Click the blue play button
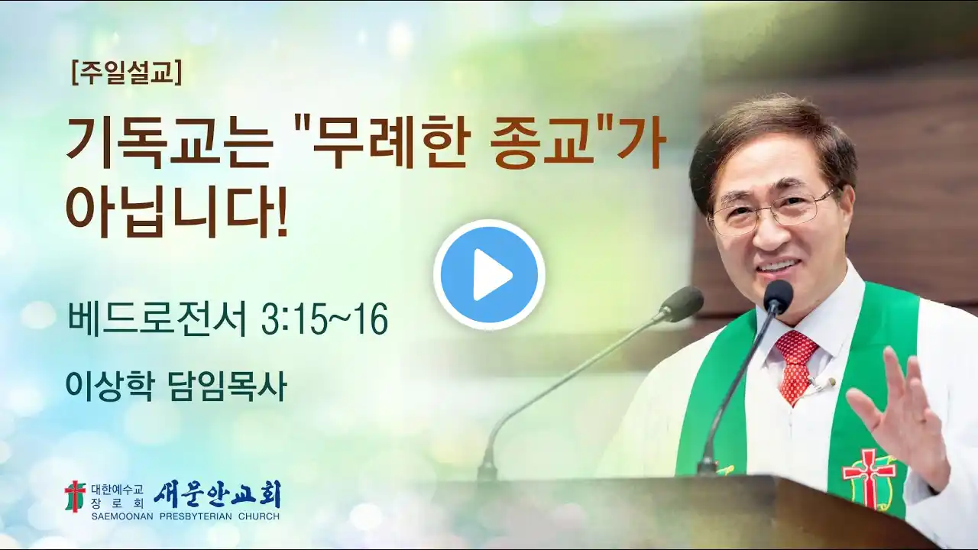490,275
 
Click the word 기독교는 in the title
168,144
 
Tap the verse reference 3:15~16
324,320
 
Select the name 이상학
109,386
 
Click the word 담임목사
227,386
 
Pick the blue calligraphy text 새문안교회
217,494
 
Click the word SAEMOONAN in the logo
123,517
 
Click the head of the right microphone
778,294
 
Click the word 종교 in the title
545,144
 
